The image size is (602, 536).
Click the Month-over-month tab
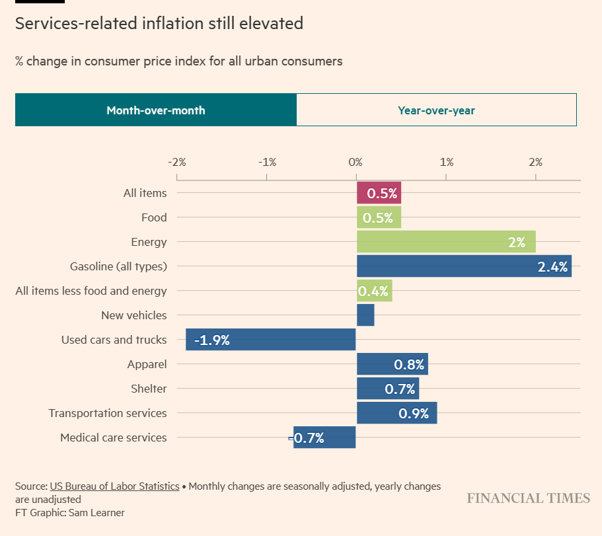point(156,110)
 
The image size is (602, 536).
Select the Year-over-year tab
point(436,110)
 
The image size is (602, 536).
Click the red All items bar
point(379,193)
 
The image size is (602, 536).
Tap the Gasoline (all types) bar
point(463,266)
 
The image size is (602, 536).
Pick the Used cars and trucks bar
point(271,340)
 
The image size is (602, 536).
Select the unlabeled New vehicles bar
point(365,315)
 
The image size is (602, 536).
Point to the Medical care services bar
point(324,438)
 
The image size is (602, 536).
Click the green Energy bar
point(445,242)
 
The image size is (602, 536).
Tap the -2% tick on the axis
point(177,162)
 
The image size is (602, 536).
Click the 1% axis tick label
point(446,162)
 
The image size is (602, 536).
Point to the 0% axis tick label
point(356,162)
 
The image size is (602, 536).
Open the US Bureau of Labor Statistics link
point(114,486)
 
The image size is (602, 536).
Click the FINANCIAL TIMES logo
point(528,498)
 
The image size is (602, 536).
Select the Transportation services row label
point(108,413)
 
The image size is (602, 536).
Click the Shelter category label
point(149,389)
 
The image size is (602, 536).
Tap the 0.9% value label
point(414,414)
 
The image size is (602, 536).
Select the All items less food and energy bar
point(374,291)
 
